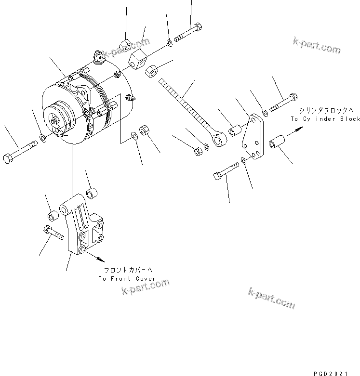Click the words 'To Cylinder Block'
tap(325, 118)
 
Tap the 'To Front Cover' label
tap(127, 279)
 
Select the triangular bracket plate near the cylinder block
tap(253, 137)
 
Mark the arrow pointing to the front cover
tap(96, 256)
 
